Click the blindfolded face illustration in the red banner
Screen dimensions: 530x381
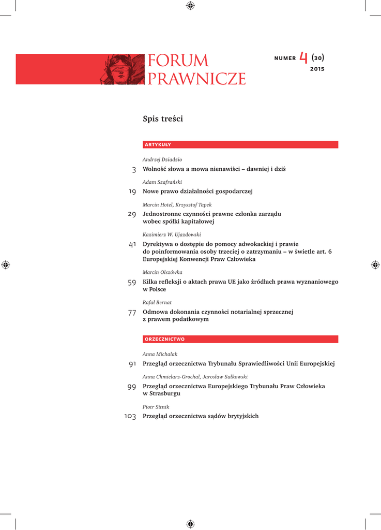tap(121, 69)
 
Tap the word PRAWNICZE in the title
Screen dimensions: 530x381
tap(196, 79)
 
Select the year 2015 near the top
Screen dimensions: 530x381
tap(317, 69)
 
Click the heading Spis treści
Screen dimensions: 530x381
tap(163, 119)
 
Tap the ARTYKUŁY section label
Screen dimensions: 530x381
tap(158, 145)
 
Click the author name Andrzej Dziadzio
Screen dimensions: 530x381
tap(162, 160)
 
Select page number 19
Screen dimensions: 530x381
tap(132, 192)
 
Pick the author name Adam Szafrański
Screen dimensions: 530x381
tap(162, 182)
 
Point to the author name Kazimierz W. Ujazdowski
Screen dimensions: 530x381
tap(172, 234)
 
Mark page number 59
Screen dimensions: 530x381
tap(132, 282)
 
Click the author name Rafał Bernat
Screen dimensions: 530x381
tap(157, 302)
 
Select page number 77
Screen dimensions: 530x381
tap(132, 312)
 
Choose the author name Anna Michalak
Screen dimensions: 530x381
tap(160, 354)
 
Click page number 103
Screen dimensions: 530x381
tap(130, 417)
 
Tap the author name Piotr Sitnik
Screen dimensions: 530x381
tap(156, 407)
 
